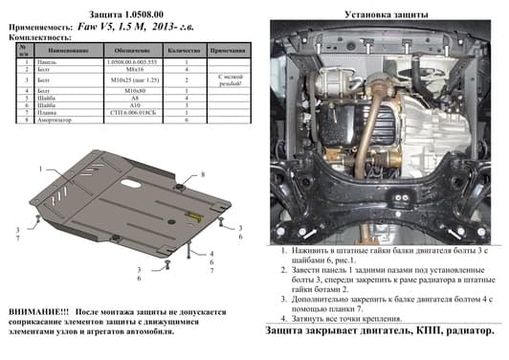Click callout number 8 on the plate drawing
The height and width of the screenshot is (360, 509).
203,173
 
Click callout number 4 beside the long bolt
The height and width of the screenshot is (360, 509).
211,252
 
